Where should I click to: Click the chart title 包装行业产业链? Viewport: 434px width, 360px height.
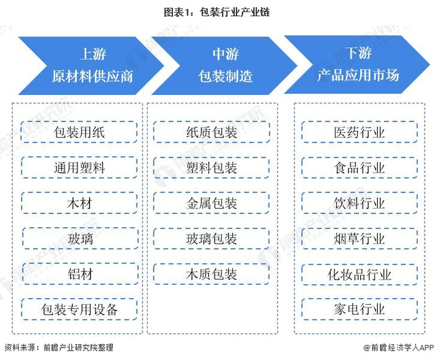(217, 12)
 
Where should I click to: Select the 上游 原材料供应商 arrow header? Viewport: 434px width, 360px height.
(91, 66)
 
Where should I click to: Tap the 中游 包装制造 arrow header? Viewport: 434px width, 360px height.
(224, 66)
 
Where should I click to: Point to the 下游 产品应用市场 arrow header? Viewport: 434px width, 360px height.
(358, 65)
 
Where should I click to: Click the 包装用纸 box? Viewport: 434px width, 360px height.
(79, 132)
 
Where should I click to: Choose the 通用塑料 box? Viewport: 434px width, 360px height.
(79, 168)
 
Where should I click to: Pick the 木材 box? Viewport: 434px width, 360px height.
(79, 203)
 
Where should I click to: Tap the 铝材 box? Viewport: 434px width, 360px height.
(80, 274)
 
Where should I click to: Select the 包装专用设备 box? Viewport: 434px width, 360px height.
(79, 309)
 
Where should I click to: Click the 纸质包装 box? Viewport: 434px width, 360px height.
(212, 132)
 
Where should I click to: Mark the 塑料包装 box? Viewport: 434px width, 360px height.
(212, 168)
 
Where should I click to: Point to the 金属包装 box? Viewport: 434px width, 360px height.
(212, 203)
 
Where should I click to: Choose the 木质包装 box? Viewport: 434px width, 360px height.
(212, 274)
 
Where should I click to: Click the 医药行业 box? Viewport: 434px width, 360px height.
(359, 132)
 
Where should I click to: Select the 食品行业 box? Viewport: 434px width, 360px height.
(359, 168)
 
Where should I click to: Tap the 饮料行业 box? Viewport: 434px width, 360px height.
(359, 203)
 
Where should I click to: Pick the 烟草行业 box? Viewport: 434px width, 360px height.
(359, 238)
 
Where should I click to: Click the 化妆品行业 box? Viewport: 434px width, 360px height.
(359, 274)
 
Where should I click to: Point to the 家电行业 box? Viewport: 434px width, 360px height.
(359, 309)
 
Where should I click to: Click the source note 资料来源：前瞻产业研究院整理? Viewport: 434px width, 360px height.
(59, 348)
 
